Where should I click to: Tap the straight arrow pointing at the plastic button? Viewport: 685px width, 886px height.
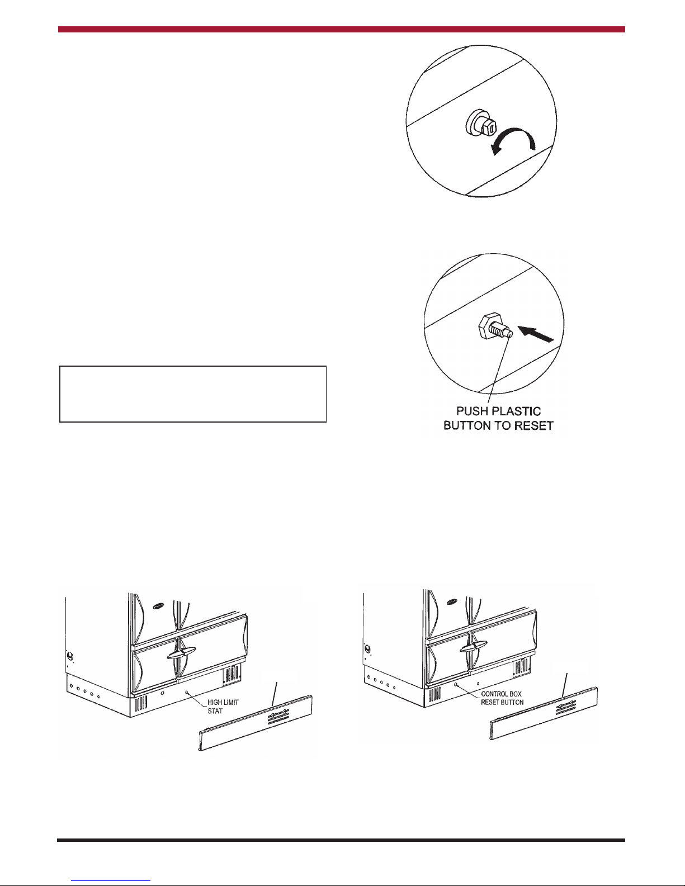[535, 334]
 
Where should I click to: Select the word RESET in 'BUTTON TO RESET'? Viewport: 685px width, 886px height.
[533, 426]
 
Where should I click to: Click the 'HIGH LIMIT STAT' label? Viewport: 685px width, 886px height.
[223, 707]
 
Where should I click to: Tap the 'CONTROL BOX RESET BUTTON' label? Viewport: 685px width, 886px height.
[502, 698]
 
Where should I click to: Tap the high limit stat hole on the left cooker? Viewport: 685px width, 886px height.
[187, 691]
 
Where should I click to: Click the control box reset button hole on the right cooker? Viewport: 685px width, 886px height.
[455, 685]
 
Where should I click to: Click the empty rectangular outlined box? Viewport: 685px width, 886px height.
[193, 394]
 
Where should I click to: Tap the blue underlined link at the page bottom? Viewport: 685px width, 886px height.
[111, 881]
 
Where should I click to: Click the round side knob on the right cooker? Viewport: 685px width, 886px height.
[368, 648]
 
